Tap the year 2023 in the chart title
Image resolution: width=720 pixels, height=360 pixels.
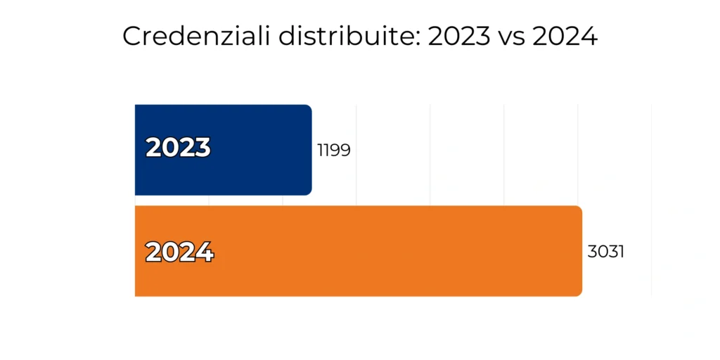[x=459, y=37]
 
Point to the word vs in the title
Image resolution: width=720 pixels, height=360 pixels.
[x=511, y=37]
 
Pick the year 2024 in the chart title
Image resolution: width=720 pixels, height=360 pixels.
[x=565, y=37]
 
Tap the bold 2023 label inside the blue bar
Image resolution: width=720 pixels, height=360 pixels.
[x=178, y=148]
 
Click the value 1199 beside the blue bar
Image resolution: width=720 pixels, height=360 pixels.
[x=334, y=150]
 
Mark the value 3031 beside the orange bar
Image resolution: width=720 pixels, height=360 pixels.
[x=606, y=252]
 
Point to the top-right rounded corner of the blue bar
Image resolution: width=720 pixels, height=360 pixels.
[x=309, y=108]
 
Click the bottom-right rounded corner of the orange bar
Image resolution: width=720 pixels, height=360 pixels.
[x=579, y=292]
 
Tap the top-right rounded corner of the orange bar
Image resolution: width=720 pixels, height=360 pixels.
[x=579, y=210]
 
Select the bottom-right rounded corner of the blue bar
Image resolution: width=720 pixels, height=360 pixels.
[x=309, y=191]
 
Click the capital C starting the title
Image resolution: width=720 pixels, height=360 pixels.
[x=131, y=37]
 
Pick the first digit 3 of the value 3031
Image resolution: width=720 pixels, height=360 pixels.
[x=592, y=252]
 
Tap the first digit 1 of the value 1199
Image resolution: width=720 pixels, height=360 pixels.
[x=320, y=150]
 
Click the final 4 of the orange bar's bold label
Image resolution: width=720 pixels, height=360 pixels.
[x=205, y=252]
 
